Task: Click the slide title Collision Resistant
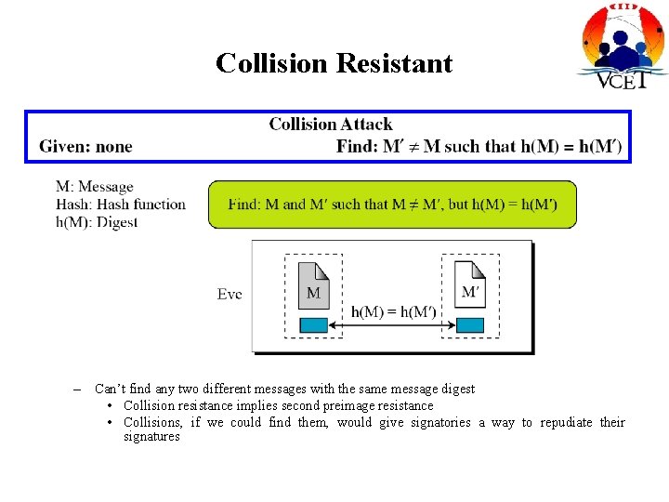(x=334, y=63)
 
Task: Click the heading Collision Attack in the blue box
(x=330, y=125)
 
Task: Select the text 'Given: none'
(x=85, y=147)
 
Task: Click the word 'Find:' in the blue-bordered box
(x=358, y=147)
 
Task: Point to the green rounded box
(x=392, y=205)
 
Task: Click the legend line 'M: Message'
(x=95, y=187)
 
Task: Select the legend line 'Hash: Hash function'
(x=121, y=205)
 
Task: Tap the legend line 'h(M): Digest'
(x=97, y=222)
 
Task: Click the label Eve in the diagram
(x=230, y=294)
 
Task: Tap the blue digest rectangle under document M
(x=313, y=325)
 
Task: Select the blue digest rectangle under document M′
(x=470, y=325)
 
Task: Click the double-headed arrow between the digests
(x=392, y=325)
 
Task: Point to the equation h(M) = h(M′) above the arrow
(x=393, y=311)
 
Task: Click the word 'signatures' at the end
(x=151, y=437)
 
